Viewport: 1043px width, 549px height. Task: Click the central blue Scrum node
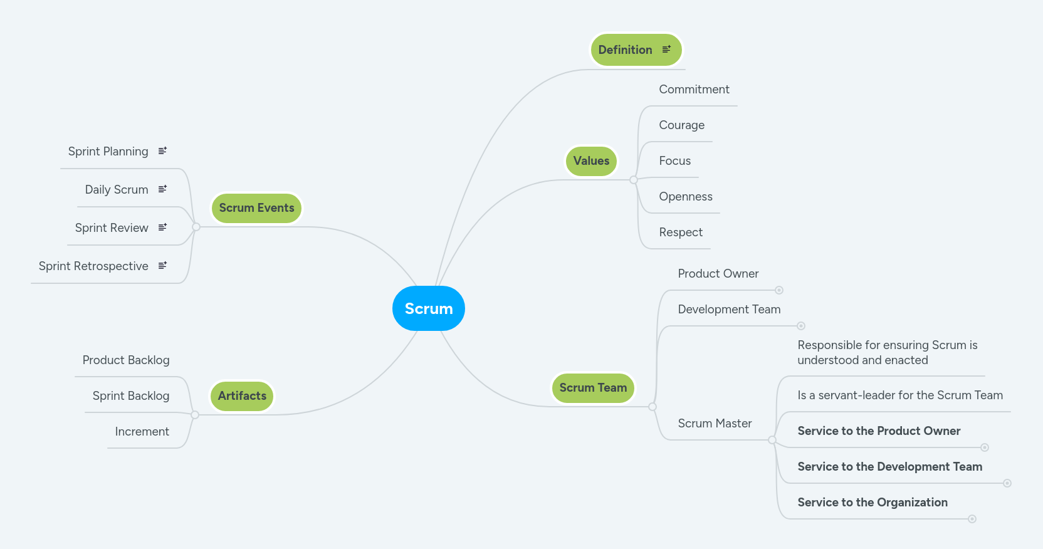(429, 308)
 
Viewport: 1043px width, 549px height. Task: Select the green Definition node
(625, 50)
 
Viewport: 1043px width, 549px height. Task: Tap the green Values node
(591, 161)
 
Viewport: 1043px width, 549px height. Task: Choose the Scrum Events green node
(256, 208)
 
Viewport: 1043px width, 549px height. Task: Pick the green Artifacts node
(242, 396)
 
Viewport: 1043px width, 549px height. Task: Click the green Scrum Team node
(593, 388)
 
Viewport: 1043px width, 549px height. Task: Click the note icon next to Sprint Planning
(163, 151)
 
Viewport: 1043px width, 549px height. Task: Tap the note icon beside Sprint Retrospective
(163, 266)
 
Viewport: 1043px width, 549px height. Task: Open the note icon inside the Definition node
(667, 49)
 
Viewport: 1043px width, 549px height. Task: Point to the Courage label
(681, 125)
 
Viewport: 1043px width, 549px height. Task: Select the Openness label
(685, 197)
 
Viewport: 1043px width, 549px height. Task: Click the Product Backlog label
(126, 360)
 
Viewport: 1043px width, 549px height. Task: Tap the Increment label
(142, 432)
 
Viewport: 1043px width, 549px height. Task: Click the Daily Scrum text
(117, 190)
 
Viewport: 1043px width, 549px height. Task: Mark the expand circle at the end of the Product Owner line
(779, 290)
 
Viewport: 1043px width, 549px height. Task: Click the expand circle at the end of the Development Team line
(801, 326)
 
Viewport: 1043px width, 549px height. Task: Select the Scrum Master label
(715, 424)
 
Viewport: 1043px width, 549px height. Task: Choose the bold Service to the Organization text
(872, 503)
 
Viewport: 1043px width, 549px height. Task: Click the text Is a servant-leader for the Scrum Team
(899, 395)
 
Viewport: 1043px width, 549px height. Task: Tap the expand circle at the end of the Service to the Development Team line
(1007, 483)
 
